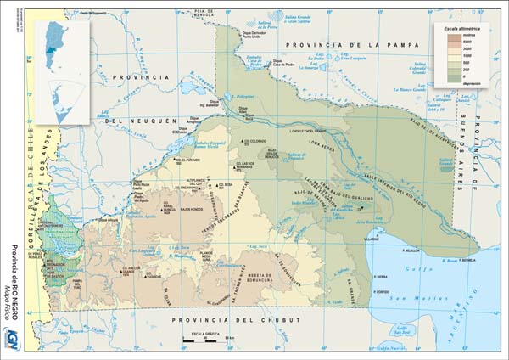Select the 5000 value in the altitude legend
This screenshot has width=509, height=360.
tap(465, 42)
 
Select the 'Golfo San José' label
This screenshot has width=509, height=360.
tap(392, 346)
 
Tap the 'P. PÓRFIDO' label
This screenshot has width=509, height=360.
tap(384, 292)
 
